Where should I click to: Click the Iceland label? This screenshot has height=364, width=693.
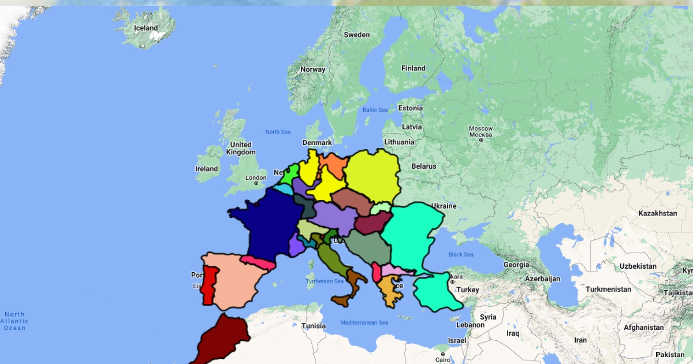(146, 28)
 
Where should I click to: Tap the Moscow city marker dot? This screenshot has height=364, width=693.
(480, 140)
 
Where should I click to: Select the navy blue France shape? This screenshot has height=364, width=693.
(263, 222)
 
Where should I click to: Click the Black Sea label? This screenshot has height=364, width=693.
(461, 254)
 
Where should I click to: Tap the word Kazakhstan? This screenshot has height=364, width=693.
(657, 213)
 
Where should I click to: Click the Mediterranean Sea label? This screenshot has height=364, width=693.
(364, 322)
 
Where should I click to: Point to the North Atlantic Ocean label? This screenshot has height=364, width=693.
(14, 321)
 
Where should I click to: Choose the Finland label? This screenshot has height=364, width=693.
(413, 68)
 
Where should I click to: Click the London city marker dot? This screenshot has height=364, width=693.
(256, 183)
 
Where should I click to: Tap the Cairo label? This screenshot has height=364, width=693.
(443, 359)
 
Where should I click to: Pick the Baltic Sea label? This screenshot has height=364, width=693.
(375, 110)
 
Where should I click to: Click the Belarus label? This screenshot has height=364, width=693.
(423, 166)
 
